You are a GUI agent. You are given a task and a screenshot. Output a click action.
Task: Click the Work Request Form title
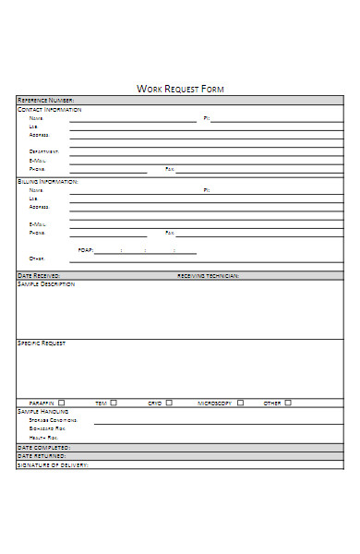point(180,89)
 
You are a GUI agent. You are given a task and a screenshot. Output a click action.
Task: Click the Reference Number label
point(45,101)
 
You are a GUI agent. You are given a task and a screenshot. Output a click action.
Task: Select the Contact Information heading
point(50,109)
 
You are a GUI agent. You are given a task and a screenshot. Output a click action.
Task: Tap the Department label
point(44,151)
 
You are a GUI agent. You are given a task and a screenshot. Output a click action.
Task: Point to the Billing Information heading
point(48,181)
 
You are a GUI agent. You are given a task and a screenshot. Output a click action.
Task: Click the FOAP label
point(85,250)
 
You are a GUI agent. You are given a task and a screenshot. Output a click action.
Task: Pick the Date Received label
point(39,275)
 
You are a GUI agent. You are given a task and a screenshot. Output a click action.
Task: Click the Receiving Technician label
point(208,275)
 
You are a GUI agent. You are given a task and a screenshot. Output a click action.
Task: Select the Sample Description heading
point(46,283)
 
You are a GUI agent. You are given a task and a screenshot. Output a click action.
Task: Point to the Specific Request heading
point(42,343)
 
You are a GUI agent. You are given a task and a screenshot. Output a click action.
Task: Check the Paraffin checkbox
point(62,403)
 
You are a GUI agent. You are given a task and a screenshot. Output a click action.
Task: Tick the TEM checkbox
point(114,403)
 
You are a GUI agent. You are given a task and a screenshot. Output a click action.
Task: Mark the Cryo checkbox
point(169,403)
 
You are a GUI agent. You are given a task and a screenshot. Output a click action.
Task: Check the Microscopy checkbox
point(240,403)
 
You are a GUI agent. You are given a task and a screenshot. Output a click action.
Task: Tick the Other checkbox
point(287,403)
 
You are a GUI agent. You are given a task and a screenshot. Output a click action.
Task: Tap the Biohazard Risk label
point(47,428)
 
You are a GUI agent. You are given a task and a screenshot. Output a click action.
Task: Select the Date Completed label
point(43,447)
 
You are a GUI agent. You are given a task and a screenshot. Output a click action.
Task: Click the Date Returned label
point(42,455)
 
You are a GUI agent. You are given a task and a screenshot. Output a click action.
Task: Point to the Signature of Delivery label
point(53,464)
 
